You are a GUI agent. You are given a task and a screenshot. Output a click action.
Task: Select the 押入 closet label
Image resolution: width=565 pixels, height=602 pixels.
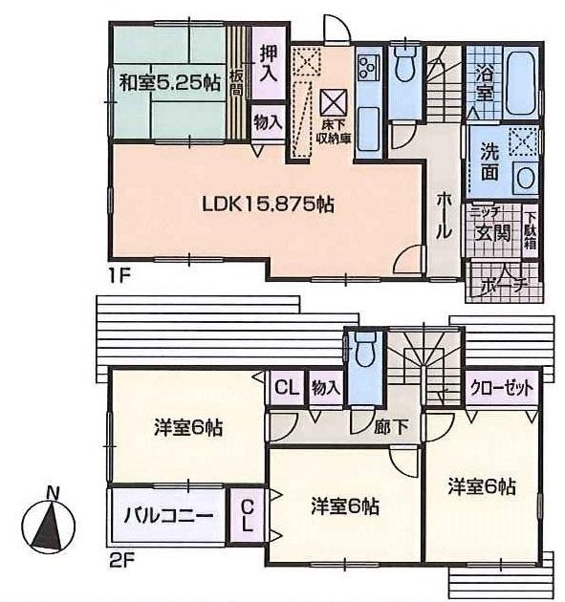coord(270,63)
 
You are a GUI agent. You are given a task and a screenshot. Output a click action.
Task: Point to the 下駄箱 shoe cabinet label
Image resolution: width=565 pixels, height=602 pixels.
coord(530,231)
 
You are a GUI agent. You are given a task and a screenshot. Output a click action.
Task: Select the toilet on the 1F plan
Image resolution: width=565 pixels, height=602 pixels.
coord(403,68)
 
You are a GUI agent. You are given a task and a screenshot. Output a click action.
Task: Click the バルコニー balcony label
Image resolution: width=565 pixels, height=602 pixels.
coord(166,516)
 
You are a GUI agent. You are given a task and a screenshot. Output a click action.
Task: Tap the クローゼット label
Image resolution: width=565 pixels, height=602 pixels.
coord(500,388)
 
